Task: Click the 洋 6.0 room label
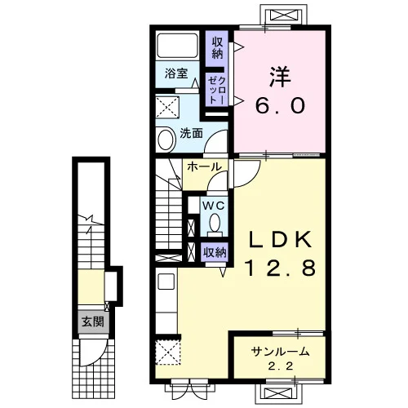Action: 280,91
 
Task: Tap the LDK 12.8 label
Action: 281,254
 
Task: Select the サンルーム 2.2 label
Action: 281,358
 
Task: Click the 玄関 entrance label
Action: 93,322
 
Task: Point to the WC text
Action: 214,206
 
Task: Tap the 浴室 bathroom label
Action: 176,73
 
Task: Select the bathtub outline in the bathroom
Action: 177,46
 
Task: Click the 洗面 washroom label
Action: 191,133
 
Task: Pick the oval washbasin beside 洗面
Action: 166,140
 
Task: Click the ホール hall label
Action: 204,166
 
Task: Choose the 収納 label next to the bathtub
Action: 217,47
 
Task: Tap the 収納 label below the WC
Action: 215,253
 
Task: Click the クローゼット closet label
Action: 217,91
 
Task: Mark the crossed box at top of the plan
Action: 284,14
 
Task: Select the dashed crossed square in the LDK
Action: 168,353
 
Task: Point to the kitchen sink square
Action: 166,282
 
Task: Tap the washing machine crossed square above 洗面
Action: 167,108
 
